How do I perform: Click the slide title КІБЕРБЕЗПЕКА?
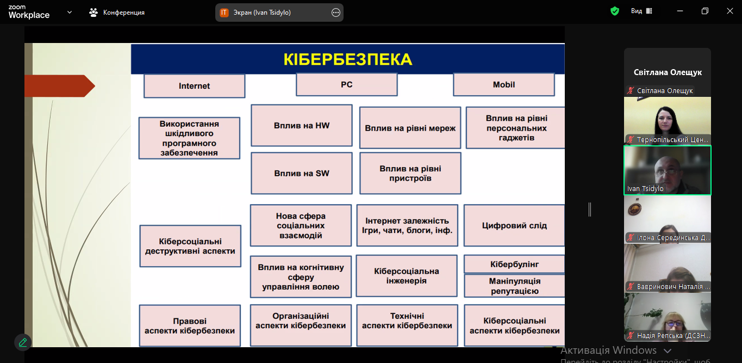(x=347, y=59)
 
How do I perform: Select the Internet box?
(x=194, y=86)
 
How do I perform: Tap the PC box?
(x=346, y=84)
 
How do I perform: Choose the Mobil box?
(x=503, y=84)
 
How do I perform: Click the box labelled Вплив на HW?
(x=301, y=126)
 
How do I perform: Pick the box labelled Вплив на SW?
(x=301, y=174)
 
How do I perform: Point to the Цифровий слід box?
(x=514, y=225)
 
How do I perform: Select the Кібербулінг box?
(x=514, y=264)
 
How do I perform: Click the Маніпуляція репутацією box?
(x=514, y=286)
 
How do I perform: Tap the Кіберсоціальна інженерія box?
(x=406, y=276)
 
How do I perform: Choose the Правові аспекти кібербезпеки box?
(x=189, y=325)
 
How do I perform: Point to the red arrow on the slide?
(x=60, y=86)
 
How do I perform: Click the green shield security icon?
(x=615, y=11)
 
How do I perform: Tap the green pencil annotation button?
(x=23, y=342)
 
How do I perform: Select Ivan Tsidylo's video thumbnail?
(x=667, y=170)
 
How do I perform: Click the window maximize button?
(x=705, y=11)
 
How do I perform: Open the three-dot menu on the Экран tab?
(x=335, y=13)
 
